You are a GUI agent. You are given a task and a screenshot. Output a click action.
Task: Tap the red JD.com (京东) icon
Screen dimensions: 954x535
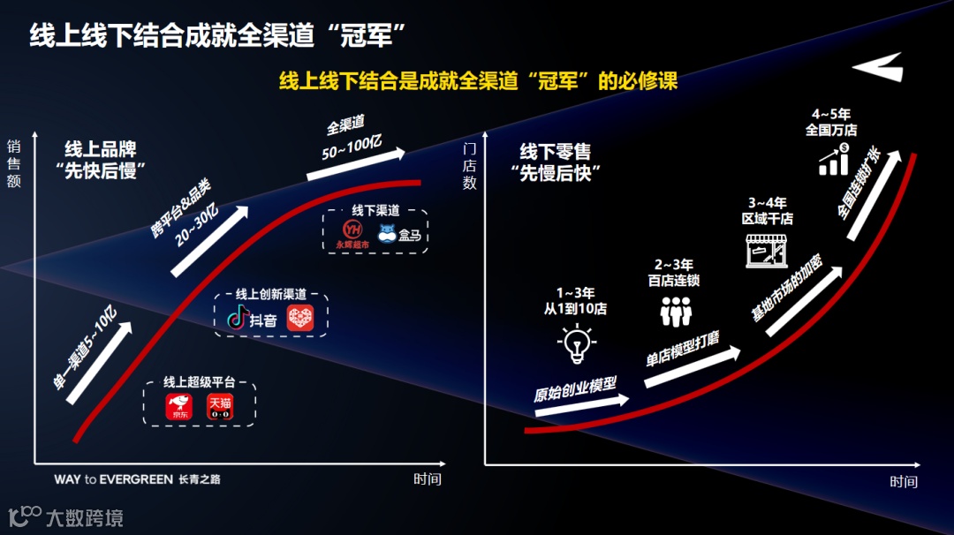coord(179,408)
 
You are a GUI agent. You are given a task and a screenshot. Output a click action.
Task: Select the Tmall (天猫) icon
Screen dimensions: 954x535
coord(221,408)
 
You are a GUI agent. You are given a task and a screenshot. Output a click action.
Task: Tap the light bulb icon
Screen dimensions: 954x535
coord(575,343)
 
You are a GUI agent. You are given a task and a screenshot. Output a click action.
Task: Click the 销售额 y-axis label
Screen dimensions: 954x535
coord(14,163)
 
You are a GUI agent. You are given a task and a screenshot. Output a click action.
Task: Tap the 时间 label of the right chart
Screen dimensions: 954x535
coord(904,482)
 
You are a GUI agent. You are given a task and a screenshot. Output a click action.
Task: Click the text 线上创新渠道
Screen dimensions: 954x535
coord(271,296)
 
